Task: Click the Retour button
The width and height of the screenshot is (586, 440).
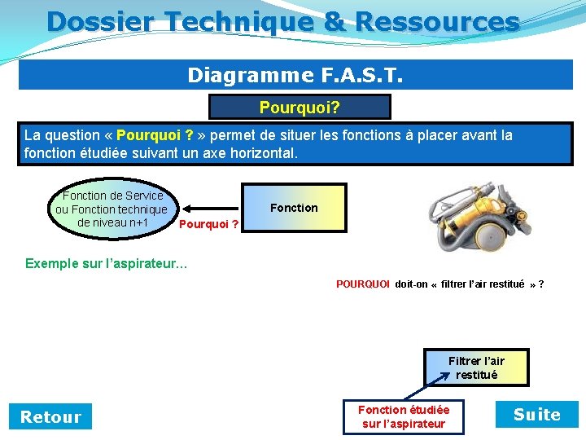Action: (x=50, y=416)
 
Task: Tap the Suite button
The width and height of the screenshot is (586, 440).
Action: (x=536, y=415)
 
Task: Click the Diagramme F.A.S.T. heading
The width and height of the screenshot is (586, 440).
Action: (x=295, y=75)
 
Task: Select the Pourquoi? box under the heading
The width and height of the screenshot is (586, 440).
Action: (x=300, y=107)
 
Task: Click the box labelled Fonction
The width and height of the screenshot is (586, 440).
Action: (x=294, y=208)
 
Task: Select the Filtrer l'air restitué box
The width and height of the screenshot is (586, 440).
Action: (x=476, y=367)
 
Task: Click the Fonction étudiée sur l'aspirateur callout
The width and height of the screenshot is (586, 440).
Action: (x=403, y=416)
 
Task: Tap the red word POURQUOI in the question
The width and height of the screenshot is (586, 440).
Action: (x=363, y=284)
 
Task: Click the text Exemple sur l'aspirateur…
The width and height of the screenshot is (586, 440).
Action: (x=106, y=263)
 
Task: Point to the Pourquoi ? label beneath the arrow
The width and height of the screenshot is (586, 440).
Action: (x=208, y=224)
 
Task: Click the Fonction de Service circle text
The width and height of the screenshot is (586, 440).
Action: (x=112, y=209)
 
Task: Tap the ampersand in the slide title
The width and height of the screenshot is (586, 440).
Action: (x=334, y=22)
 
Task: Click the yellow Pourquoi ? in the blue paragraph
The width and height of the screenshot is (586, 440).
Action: (x=155, y=135)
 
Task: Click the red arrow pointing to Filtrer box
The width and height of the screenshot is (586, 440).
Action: (x=439, y=379)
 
